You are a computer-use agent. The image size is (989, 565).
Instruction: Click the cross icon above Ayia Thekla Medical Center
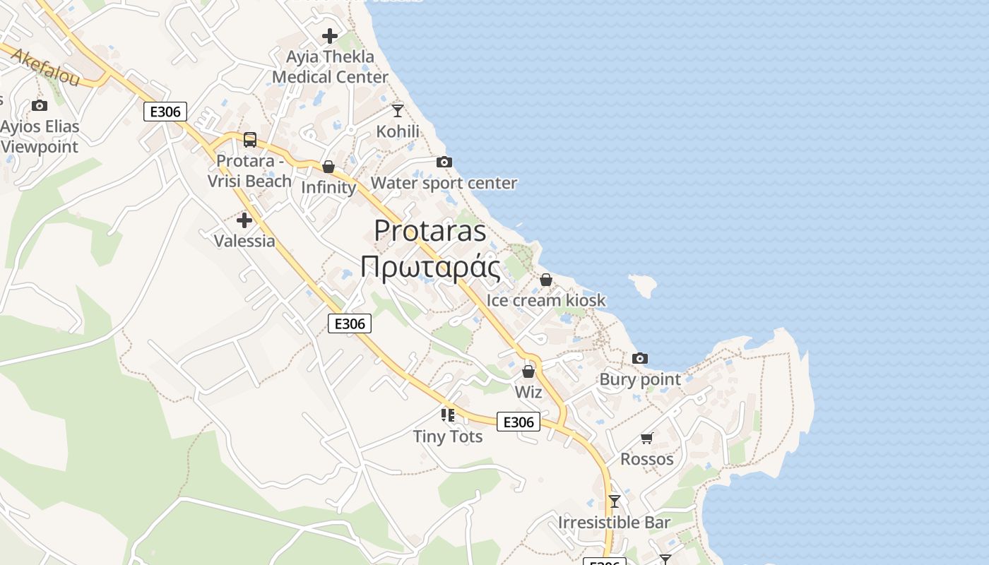coord(329,35)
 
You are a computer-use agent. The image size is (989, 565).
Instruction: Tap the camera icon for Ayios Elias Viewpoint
coord(40,106)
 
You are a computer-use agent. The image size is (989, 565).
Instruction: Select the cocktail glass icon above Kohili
coord(398,110)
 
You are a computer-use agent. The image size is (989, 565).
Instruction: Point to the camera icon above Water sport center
coord(444,162)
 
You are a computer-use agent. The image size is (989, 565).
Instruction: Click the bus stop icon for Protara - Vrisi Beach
coord(250,140)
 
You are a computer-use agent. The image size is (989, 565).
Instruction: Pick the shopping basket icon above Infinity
coord(328,167)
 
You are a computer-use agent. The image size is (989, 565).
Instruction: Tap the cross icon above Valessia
coord(244,220)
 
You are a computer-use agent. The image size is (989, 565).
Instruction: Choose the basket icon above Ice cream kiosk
coord(545,280)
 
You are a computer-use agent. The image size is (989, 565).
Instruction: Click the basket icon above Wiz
coord(528,371)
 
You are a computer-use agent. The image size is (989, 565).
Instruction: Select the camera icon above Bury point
coord(640,359)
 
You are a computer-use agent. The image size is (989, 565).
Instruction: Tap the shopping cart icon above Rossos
coord(646,439)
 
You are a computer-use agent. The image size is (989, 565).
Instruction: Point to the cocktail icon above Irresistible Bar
coord(615,501)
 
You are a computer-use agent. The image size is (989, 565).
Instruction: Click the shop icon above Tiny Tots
coord(448,415)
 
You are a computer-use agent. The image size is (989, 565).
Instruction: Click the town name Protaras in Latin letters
coord(430,231)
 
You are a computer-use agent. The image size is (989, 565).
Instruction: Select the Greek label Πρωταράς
coord(430,268)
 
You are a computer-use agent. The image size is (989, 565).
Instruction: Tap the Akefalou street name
coord(45,68)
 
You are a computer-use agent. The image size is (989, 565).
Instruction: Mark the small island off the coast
coord(643,285)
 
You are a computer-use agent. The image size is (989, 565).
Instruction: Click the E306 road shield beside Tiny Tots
coord(519,422)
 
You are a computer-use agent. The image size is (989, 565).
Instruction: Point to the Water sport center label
coord(444,184)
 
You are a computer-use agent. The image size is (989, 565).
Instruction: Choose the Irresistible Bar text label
coord(614,523)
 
